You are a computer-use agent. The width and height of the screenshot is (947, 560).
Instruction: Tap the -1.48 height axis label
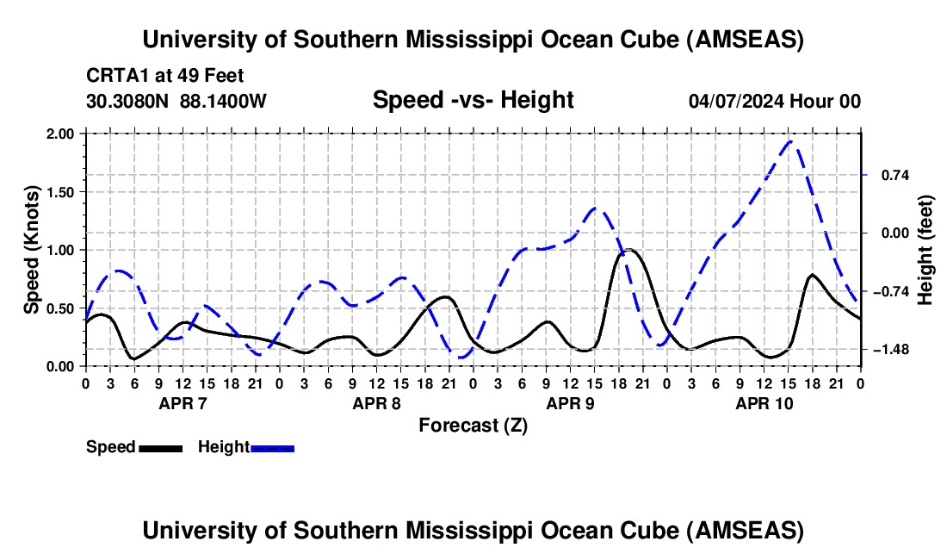pyautogui.click(x=886, y=350)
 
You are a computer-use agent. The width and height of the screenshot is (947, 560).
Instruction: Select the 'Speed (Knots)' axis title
pyautogui.click(x=31, y=249)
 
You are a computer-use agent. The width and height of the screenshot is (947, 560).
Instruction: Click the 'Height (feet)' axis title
pyautogui.click(x=925, y=250)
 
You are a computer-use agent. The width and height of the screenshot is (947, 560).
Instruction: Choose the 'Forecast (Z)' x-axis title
pyautogui.click(x=473, y=426)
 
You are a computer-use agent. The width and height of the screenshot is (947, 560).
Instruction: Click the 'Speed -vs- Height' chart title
pyautogui.click(x=473, y=100)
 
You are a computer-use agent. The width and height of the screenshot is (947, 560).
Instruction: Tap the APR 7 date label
pyautogui.click(x=181, y=403)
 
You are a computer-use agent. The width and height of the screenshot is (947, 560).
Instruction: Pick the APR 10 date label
pyautogui.click(x=763, y=403)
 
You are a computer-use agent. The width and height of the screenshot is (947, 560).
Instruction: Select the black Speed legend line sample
pyautogui.click(x=160, y=447)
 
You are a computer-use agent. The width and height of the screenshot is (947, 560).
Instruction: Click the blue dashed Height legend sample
pyautogui.click(x=272, y=447)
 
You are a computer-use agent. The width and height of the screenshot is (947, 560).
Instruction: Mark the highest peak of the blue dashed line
pyautogui.click(x=792, y=142)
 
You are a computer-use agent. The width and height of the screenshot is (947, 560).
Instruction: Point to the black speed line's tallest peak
pyautogui.click(x=629, y=250)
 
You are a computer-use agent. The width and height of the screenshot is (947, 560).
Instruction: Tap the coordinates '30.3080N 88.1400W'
pyautogui.click(x=176, y=101)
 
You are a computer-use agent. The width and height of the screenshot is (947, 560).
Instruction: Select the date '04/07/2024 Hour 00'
pyautogui.click(x=774, y=101)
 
